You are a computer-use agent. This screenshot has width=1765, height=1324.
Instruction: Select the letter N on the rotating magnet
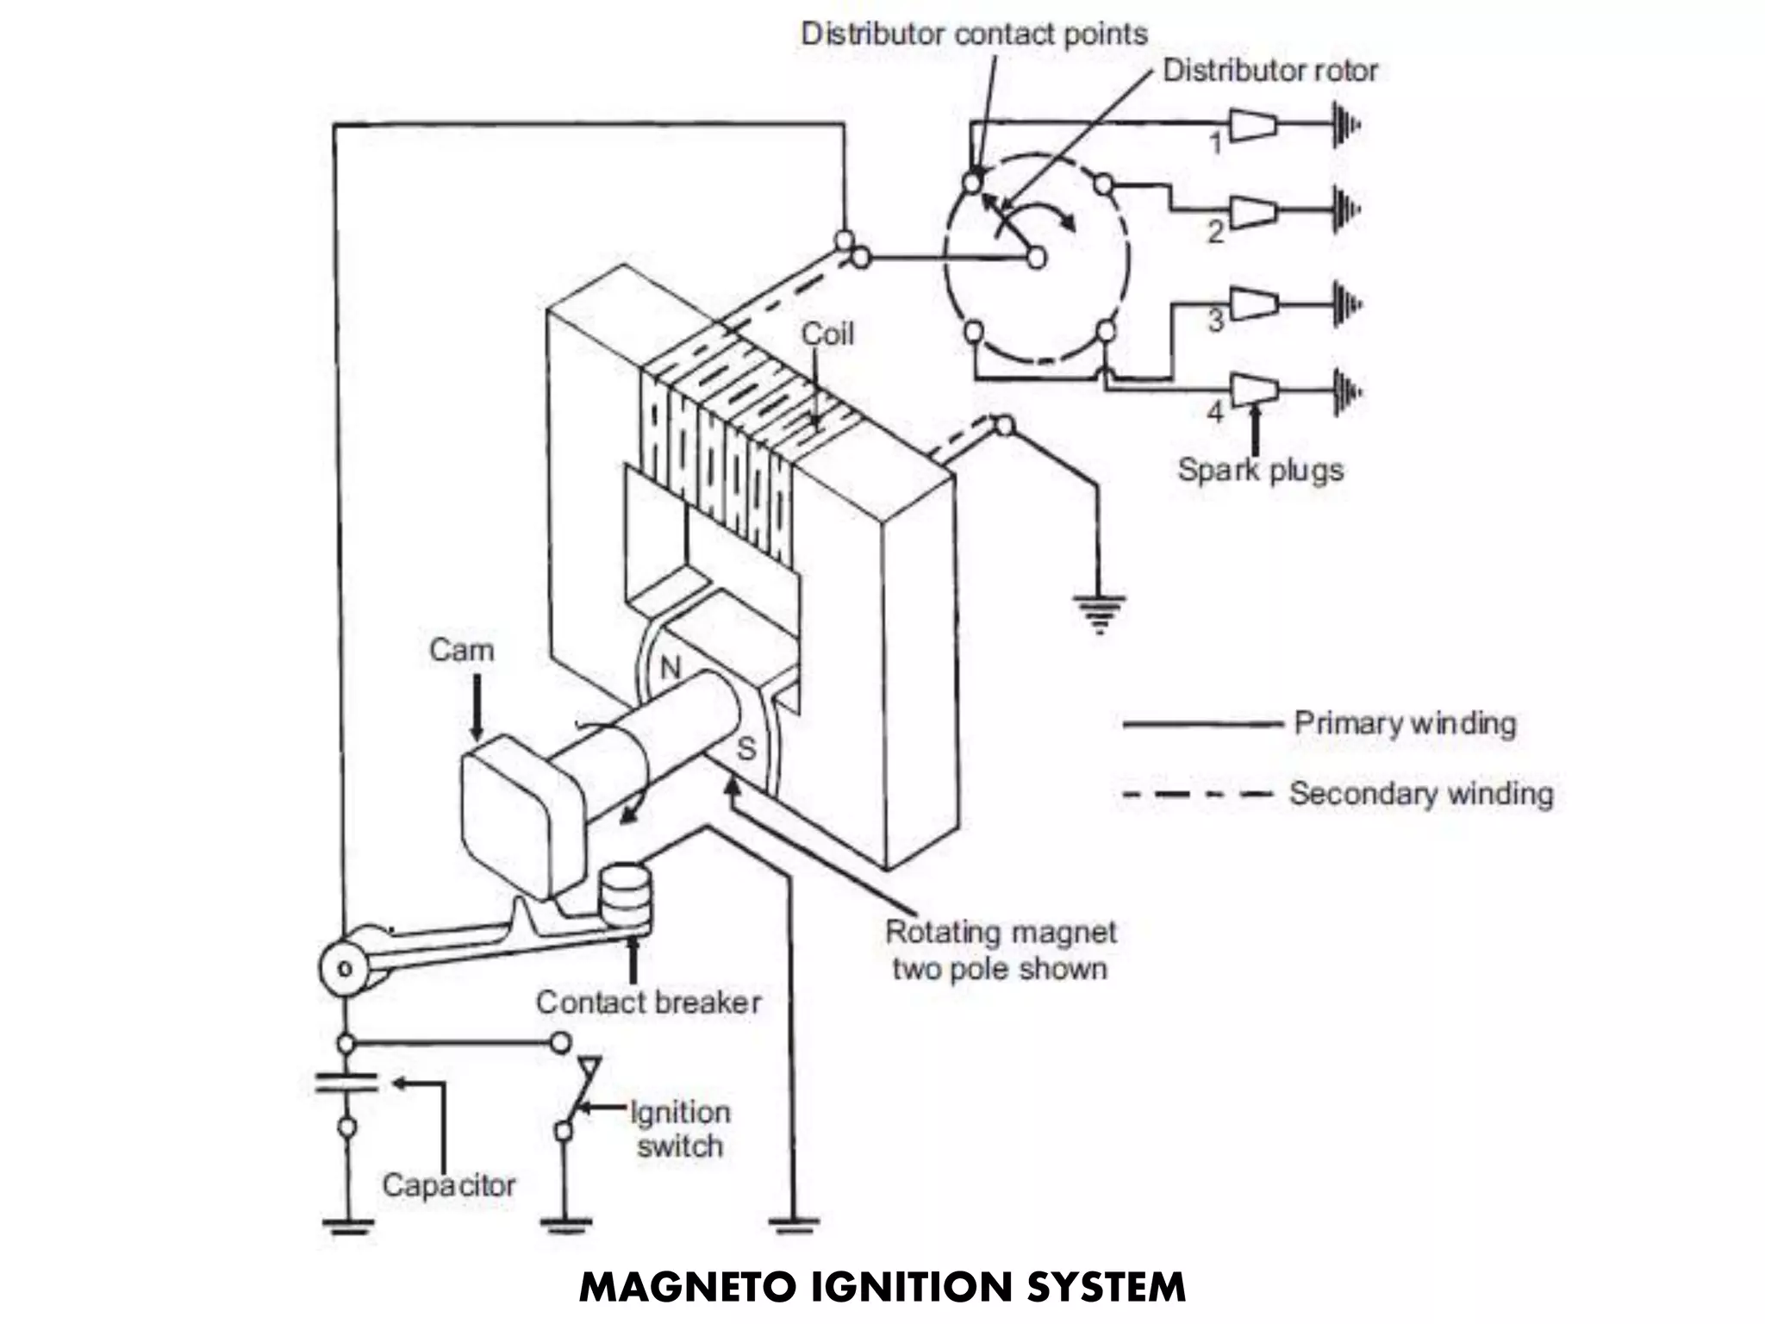670,668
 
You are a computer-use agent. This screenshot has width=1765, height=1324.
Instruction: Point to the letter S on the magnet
745,748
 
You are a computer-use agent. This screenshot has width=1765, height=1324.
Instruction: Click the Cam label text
461,650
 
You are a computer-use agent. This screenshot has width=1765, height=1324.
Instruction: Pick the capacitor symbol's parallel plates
346,1083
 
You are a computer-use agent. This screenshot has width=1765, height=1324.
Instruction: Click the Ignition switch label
680,1129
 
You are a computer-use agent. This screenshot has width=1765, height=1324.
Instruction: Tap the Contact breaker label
648,1002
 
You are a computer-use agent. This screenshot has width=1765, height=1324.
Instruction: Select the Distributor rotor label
1269,71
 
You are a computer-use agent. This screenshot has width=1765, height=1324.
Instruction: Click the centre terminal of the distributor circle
1037,257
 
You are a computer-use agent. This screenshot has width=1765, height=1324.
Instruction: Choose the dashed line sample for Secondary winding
1198,794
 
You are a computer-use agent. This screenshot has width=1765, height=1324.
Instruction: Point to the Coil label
827,334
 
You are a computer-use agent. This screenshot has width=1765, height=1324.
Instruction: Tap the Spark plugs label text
1260,471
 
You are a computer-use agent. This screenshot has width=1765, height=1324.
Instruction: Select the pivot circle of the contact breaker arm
344,968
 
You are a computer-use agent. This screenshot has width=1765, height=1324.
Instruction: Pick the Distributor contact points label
974,34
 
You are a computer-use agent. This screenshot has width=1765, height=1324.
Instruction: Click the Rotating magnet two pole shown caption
1000,950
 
